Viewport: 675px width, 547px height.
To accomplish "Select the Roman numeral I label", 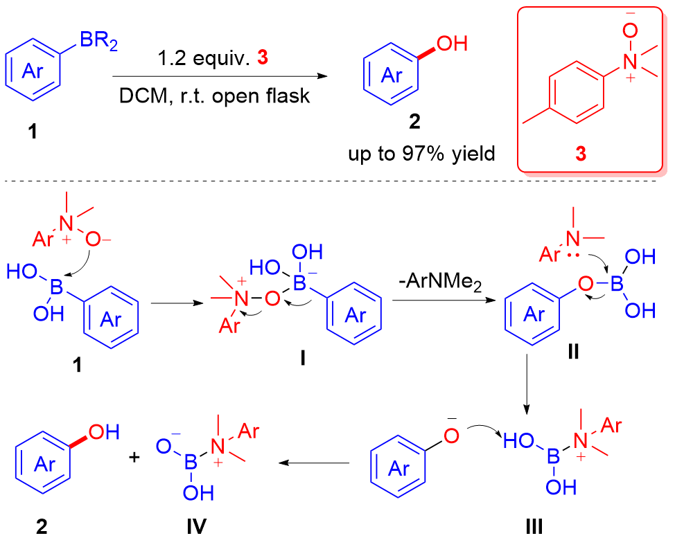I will pos(305,359).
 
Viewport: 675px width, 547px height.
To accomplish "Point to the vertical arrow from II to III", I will pos(527,380).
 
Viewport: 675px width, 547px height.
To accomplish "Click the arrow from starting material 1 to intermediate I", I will pos(174,302).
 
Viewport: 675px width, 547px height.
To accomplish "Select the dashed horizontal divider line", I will pos(337,182).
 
